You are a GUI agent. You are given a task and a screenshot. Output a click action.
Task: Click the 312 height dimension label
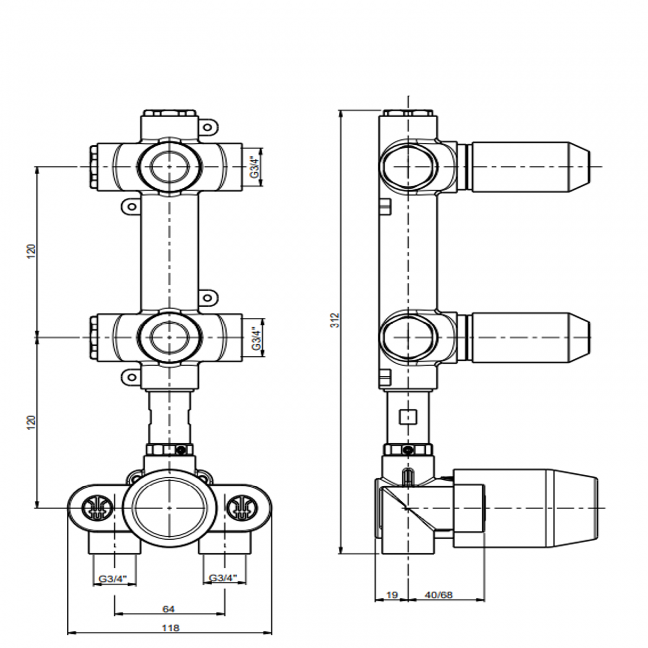pos(335,320)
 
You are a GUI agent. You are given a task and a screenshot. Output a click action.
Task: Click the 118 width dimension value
pos(170,628)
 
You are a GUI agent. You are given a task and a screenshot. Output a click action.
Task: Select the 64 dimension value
pos(169,609)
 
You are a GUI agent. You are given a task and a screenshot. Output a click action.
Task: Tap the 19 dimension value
pos(392,595)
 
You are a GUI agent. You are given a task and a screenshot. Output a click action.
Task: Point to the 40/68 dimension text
pos(438,595)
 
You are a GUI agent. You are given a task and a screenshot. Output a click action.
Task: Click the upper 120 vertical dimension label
pos(31,251)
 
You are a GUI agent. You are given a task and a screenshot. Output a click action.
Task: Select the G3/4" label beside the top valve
pos(254,167)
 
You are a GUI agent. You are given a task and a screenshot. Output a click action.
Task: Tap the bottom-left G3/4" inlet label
pos(113,579)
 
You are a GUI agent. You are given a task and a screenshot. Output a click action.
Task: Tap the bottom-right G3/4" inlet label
pos(223,578)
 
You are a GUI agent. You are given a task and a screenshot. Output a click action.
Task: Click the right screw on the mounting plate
pos(243,508)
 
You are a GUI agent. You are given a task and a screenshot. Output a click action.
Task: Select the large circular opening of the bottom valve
pos(169,508)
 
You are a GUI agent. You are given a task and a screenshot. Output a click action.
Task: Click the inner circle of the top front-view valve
pos(169,167)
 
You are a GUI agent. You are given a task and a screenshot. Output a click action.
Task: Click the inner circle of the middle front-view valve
pos(169,338)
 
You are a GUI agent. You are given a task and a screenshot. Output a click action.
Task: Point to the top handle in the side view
pos(528,166)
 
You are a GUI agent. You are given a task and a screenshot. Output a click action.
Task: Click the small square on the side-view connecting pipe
pos(409,416)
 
